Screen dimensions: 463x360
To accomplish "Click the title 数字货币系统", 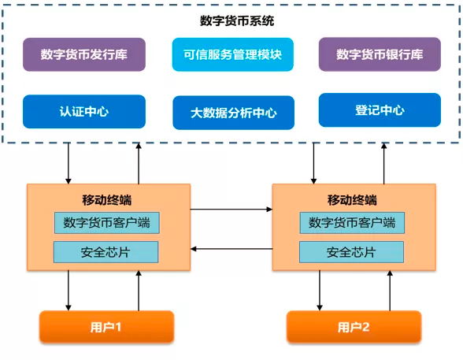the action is (237, 21).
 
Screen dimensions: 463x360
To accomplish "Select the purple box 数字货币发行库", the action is (84, 54).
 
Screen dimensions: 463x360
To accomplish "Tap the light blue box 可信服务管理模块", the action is (233, 54).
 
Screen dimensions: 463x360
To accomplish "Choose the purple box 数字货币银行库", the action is (380, 54).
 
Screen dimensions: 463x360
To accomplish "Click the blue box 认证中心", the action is (84, 112).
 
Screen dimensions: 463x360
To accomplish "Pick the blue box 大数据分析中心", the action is (234, 113).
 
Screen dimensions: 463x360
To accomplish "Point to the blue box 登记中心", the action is (380, 110).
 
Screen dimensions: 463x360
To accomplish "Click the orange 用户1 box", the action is (106, 327).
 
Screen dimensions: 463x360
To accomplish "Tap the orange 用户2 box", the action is (354, 327).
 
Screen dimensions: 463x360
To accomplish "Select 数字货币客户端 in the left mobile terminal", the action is (107, 223).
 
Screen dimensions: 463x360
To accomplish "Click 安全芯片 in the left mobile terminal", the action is (106, 252).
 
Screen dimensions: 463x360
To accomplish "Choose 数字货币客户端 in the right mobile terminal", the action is (352, 223).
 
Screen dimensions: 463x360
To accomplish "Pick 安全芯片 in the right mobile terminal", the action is (351, 252).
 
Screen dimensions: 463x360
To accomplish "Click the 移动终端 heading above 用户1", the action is (107, 200).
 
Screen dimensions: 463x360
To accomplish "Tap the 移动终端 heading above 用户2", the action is (352, 200).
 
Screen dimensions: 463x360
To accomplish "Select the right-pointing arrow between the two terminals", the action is (231, 210).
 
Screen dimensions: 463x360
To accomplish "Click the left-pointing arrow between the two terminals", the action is (231, 249).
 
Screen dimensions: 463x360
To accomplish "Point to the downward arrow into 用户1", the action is (69, 291).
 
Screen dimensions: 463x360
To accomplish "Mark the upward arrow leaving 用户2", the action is (390, 291).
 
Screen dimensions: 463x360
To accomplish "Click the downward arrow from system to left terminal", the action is (69, 164).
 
